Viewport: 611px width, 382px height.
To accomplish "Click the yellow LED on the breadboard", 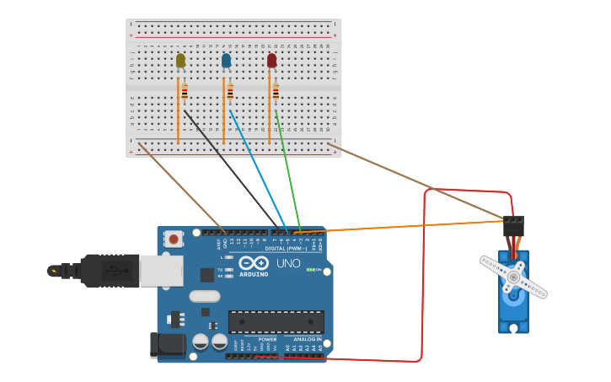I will click(180, 61).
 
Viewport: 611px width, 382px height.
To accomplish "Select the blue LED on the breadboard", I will click(226, 61).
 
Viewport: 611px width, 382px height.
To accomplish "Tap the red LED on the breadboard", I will click(271, 61).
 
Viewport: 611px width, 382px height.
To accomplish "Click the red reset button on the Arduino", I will click(174, 239).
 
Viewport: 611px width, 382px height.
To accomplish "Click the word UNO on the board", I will click(289, 264).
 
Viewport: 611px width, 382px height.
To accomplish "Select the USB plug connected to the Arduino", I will click(110, 271).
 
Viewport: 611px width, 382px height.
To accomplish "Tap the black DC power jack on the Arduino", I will click(166, 345).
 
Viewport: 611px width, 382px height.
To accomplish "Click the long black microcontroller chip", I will click(276, 321).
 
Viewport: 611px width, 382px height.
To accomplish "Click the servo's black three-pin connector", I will click(513, 226).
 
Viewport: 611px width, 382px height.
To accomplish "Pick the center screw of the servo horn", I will click(512, 277).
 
